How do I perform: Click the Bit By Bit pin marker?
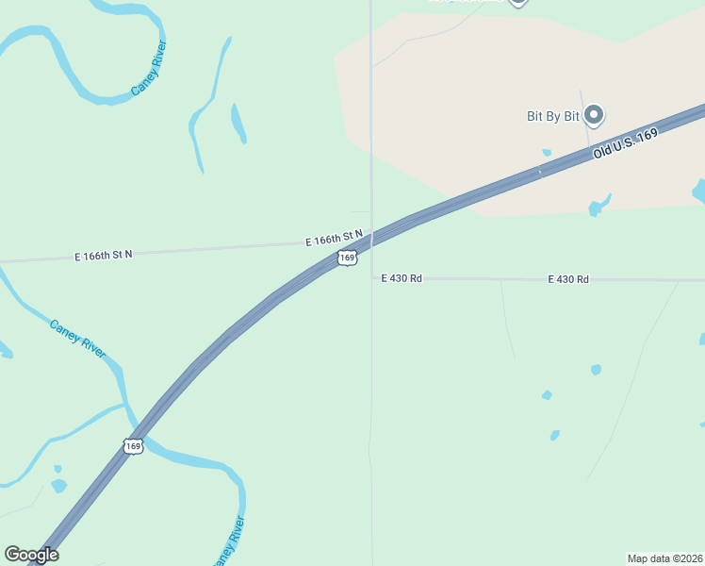[x=594, y=115]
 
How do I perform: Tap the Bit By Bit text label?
[x=552, y=117]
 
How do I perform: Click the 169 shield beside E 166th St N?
[x=348, y=257]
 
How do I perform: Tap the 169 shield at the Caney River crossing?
[x=133, y=445]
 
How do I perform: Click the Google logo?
[x=31, y=555]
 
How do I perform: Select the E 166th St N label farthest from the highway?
[x=104, y=255]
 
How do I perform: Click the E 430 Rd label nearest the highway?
[x=401, y=278]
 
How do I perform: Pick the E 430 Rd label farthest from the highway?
[x=568, y=279]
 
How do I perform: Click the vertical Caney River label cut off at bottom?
[x=229, y=541]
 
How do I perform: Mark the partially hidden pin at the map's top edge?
[x=517, y=2]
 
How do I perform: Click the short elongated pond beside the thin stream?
[x=238, y=123]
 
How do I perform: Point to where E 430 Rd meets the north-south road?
[x=372, y=278]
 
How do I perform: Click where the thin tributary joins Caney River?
[x=125, y=405]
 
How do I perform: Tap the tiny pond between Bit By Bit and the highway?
[x=546, y=152]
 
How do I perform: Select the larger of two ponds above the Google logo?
[x=58, y=486]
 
